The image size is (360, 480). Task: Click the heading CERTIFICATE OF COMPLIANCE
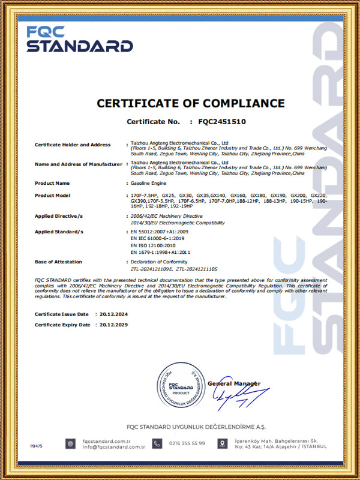coord(190,103)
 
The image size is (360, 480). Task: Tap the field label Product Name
coord(53,183)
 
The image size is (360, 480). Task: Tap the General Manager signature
coord(237,396)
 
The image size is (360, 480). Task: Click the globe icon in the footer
coord(71,444)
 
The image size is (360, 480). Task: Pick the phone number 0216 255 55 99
coord(187,443)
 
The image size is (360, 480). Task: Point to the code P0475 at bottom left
coord(37,446)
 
